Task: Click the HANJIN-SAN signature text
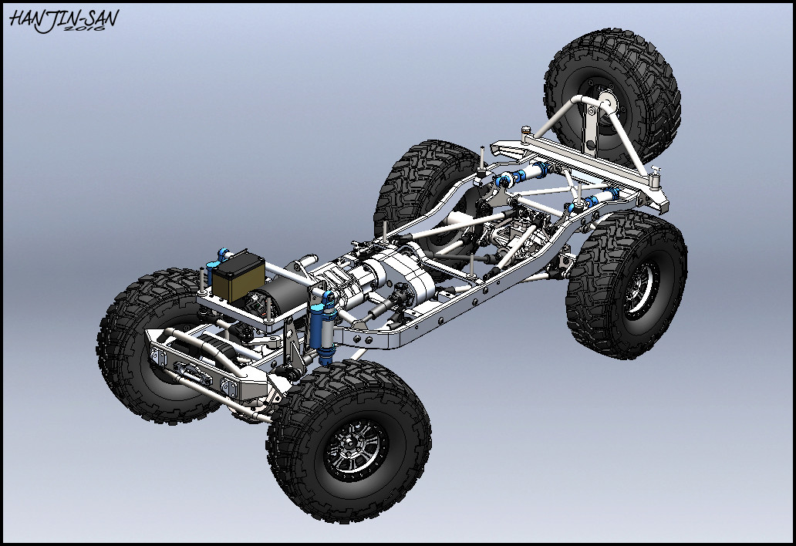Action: pos(64,20)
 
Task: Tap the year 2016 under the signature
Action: pos(85,29)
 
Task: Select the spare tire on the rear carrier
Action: pos(612,96)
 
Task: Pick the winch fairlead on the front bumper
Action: pos(184,366)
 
